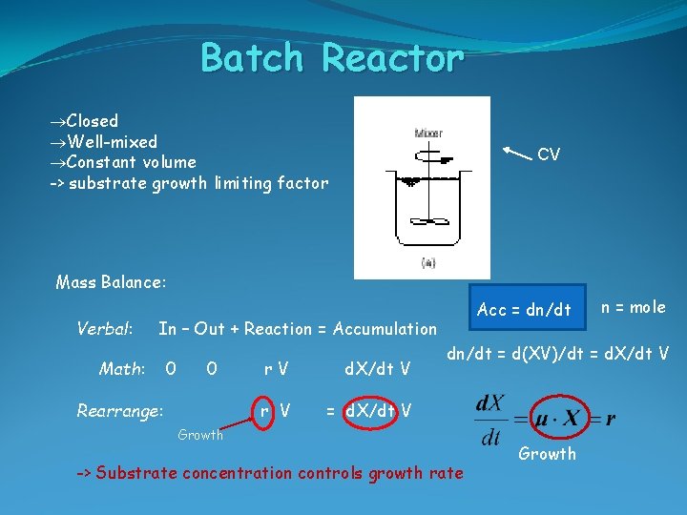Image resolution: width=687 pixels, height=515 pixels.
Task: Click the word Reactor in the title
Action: point(393,59)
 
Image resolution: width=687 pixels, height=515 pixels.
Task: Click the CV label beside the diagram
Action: point(549,154)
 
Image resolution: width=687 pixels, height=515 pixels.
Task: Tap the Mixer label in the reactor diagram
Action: point(428,134)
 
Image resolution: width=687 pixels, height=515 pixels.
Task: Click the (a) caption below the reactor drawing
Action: point(428,262)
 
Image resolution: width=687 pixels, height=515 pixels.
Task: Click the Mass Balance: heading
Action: point(111,282)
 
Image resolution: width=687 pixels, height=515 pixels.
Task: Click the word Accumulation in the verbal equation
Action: point(385,329)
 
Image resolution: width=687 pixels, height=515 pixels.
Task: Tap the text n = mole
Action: point(634,307)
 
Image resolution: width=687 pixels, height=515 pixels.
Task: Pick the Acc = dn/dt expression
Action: point(524,309)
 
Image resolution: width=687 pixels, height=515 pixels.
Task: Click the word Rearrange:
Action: point(119,411)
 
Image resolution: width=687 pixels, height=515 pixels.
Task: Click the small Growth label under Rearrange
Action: point(200,435)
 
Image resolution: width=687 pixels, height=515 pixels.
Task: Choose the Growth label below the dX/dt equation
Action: point(548,454)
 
